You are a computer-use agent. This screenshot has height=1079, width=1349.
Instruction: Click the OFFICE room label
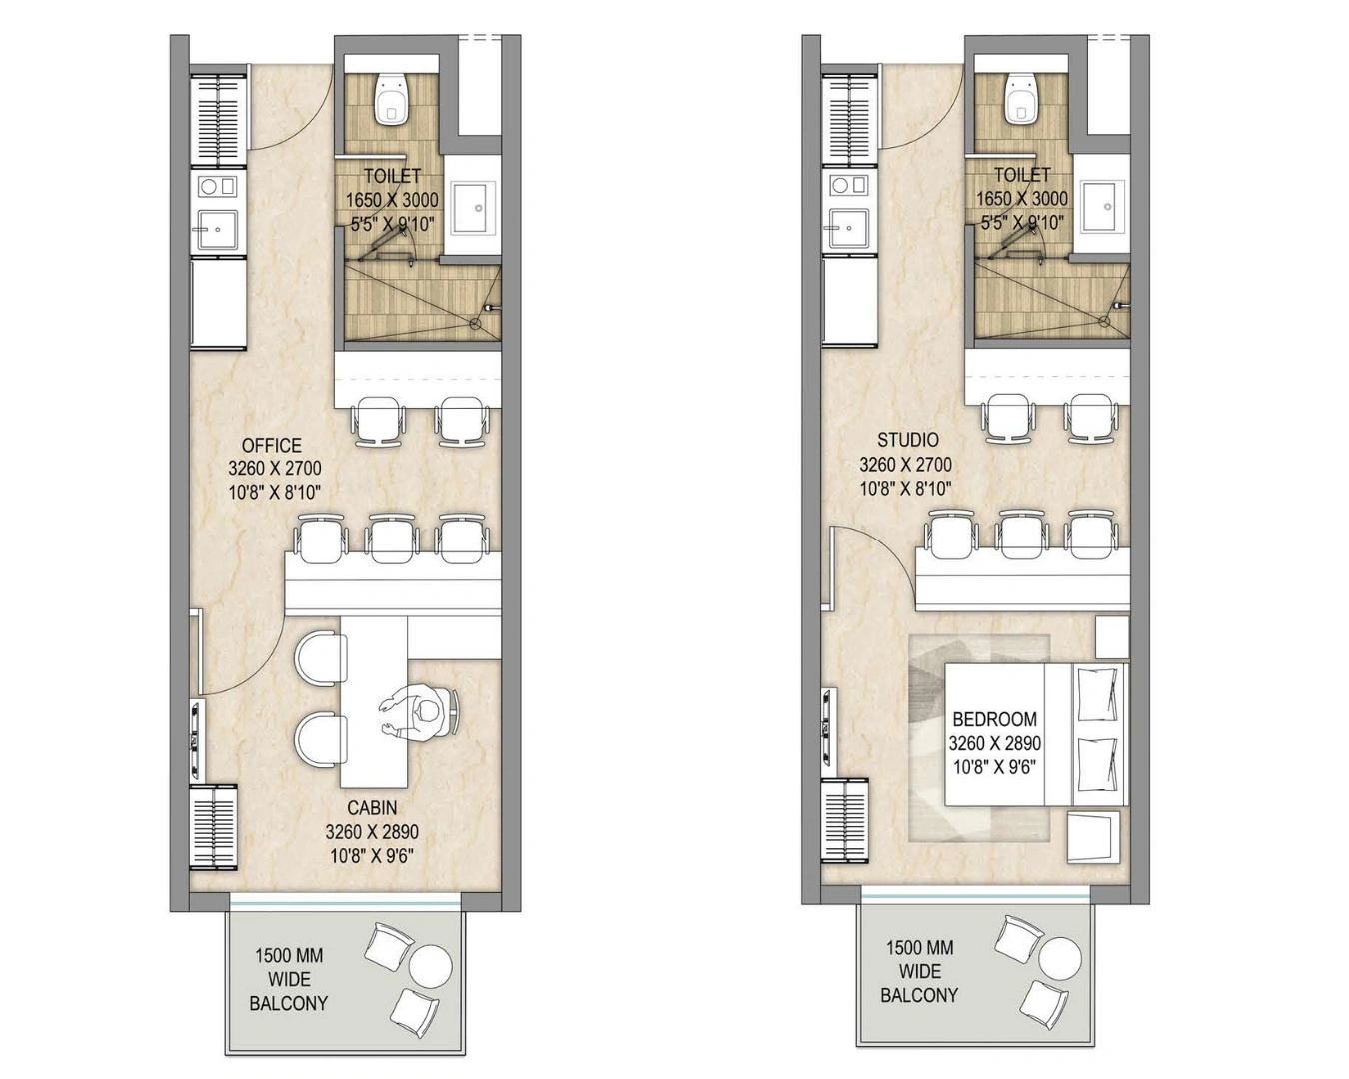(x=272, y=446)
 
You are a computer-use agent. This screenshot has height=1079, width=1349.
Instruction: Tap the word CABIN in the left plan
(x=372, y=808)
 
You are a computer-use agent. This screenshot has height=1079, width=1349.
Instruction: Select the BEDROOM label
(x=995, y=719)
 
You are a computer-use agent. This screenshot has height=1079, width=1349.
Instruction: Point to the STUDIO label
(x=907, y=441)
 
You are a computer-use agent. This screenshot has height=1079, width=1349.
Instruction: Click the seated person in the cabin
(x=419, y=713)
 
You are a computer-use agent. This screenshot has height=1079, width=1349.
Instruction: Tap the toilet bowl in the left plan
(x=391, y=99)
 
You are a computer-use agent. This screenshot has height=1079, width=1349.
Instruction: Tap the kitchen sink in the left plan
(x=218, y=230)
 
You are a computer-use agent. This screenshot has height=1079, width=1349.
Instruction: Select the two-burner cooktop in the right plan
(x=849, y=185)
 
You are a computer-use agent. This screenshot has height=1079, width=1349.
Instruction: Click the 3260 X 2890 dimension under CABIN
(x=372, y=832)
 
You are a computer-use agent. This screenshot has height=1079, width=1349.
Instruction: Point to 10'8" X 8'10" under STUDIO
(x=905, y=489)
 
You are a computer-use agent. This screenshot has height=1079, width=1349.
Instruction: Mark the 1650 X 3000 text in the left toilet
(x=392, y=200)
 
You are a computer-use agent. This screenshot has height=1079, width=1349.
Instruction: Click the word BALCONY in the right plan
(x=919, y=995)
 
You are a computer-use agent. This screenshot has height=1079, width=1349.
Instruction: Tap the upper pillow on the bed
(x=1097, y=694)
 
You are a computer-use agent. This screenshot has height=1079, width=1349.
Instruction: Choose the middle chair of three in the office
(x=391, y=538)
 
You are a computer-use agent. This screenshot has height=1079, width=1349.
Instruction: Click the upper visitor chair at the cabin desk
(x=321, y=659)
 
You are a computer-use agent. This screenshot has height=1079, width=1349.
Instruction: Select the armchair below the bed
(x=1093, y=838)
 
